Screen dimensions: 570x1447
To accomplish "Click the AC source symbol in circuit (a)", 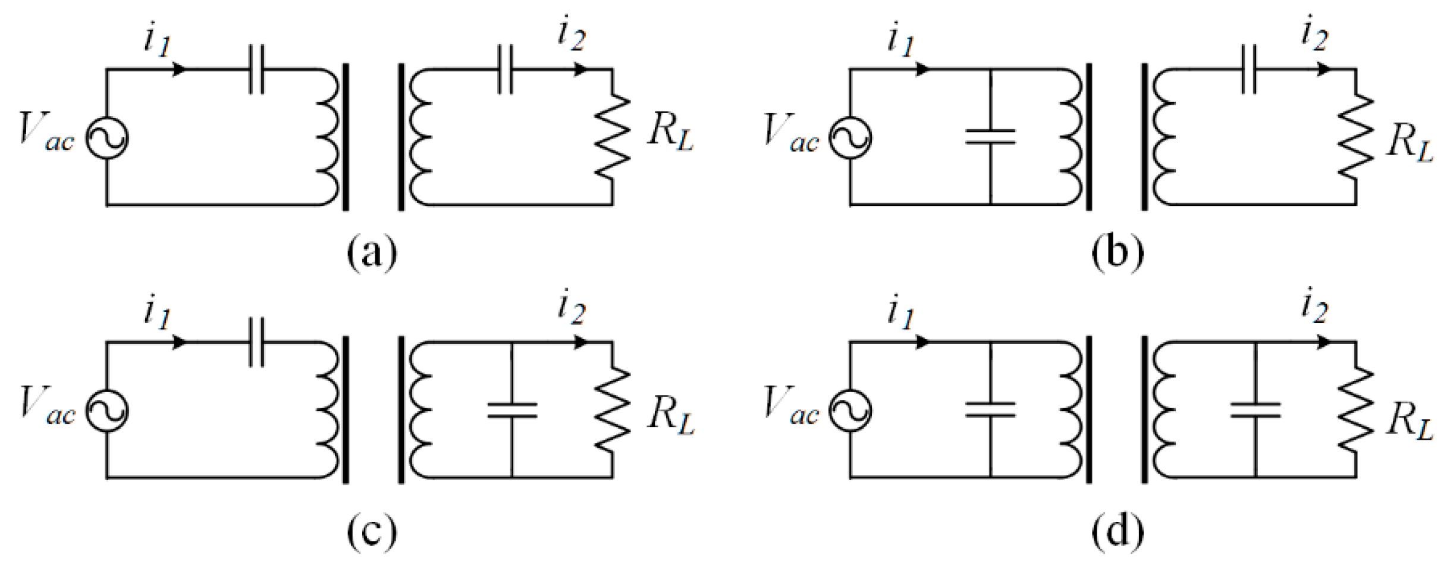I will pyautogui.click(x=107, y=138).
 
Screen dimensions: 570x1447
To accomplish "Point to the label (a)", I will pyautogui.click(x=372, y=253).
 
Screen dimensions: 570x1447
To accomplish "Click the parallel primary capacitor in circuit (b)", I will pyautogui.click(x=990, y=137).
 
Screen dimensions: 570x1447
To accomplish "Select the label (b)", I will pyautogui.click(x=1117, y=253).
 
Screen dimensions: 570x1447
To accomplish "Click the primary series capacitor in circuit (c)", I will pyautogui.click(x=256, y=343).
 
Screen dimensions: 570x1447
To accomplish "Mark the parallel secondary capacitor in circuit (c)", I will pyautogui.click(x=511, y=410).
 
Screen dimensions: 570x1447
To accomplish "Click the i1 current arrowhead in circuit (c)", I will pyautogui.click(x=178, y=343).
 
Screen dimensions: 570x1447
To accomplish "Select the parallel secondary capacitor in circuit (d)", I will pyautogui.click(x=1255, y=410).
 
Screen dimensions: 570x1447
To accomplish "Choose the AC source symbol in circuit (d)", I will pyautogui.click(x=850, y=411).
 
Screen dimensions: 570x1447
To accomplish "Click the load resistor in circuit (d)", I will pyautogui.click(x=1356, y=411).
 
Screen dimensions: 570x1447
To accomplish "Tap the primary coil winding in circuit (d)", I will pyautogui.click(x=1071, y=411).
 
